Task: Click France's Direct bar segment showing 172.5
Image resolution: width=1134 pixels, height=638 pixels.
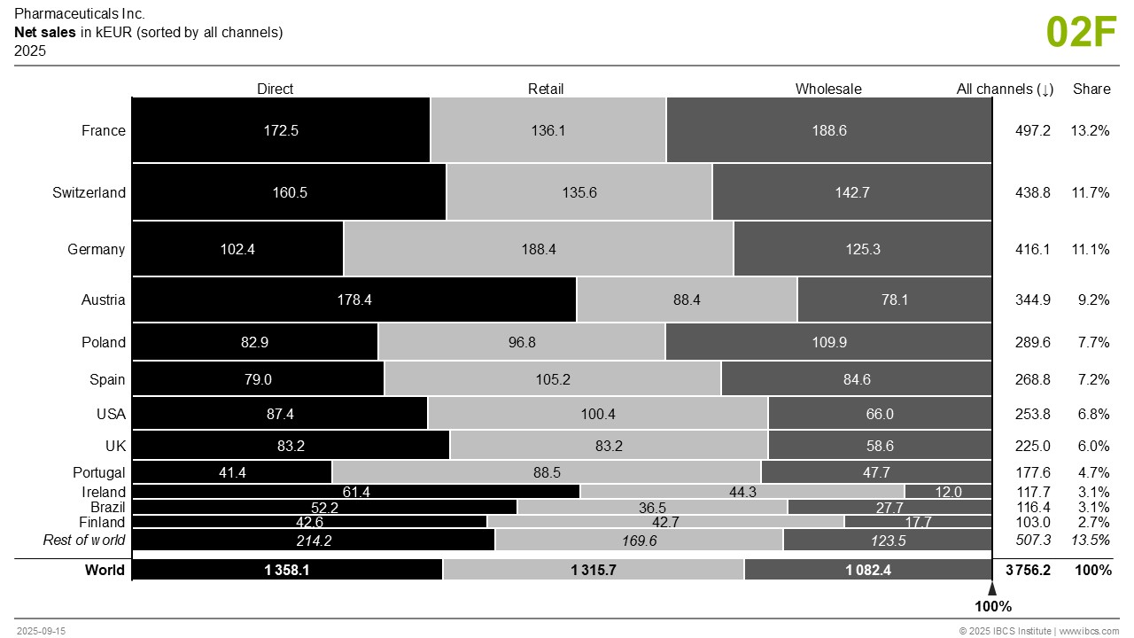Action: pos(281,130)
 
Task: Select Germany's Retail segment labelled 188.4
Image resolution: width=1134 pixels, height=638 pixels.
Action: pos(539,249)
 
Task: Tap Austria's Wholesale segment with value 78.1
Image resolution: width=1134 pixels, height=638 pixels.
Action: pos(894,300)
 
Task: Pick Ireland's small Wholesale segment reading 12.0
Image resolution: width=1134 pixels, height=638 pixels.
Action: pos(948,492)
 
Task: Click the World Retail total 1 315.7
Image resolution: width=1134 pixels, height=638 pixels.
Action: pos(594,570)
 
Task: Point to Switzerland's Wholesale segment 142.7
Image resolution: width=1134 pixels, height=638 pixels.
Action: pos(851,192)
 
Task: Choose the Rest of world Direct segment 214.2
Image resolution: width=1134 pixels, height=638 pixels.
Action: pos(314,540)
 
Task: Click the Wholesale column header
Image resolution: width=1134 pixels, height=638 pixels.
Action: pos(828,89)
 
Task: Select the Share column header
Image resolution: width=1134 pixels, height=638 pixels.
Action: pos(1091,89)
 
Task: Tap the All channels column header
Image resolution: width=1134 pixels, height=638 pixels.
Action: pos(1005,89)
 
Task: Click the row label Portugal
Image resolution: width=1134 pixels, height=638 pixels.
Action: pos(99,472)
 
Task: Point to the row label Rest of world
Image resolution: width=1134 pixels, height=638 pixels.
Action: pos(84,540)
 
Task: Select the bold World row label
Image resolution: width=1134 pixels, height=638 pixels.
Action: pos(105,570)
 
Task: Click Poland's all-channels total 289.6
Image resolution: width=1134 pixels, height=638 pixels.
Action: pos(1033,342)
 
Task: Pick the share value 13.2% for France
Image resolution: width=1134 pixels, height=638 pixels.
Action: pos(1090,130)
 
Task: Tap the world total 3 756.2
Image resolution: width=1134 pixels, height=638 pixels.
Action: pos(1028,570)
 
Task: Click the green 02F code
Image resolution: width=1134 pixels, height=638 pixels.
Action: pos(1082,32)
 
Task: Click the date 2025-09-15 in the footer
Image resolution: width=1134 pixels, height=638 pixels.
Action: pos(41,631)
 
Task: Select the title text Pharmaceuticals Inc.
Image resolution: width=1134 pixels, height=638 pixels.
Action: pos(80,14)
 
